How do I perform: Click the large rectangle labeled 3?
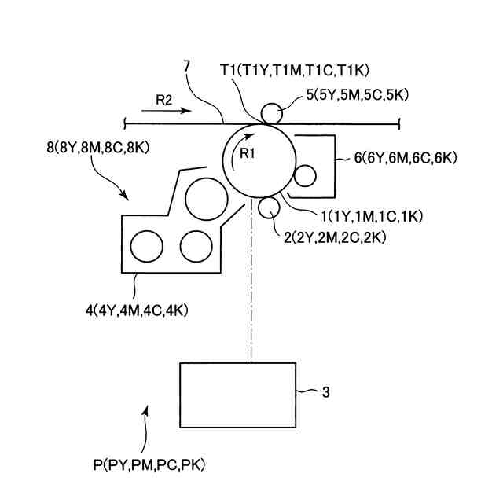coord(237,395)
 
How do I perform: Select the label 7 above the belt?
coord(185,65)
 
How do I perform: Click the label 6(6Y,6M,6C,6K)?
coord(406,157)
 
